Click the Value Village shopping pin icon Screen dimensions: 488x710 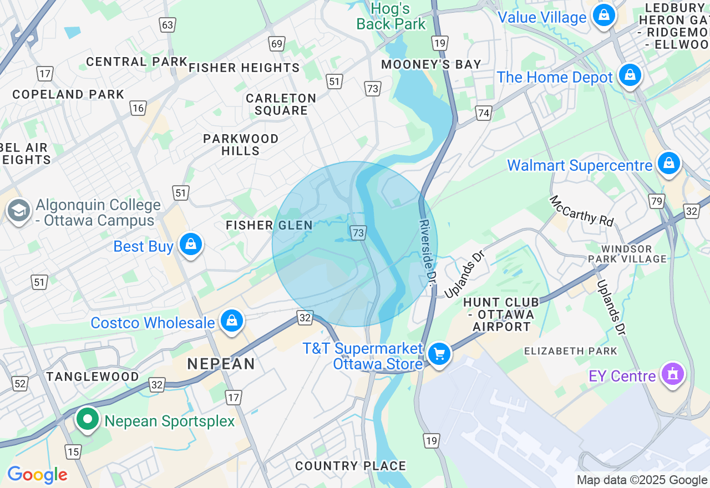(603, 15)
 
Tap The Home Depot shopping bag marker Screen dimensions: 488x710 (630, 75)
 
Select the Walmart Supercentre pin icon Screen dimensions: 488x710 (669, 164)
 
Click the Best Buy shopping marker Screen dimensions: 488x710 (191, 244)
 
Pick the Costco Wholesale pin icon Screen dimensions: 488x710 (232, 321)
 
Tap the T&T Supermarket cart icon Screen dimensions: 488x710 (439, 353)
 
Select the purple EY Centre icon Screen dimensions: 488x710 (672, 375)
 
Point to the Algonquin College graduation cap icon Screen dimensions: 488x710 (19, 211)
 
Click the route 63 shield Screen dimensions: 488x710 (167, 24)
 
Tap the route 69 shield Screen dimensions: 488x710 (276, 44)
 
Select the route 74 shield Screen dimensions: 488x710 (484, 113)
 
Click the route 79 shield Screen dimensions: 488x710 (657, 201)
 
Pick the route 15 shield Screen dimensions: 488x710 (73, 452)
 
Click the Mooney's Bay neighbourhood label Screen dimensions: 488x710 (430, 65)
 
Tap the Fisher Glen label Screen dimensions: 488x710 (269, 225)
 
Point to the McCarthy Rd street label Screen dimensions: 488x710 (581, 211)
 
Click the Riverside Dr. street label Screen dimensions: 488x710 (426, 252)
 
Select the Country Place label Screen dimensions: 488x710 (350, 466)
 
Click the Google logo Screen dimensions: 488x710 (37, 475)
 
